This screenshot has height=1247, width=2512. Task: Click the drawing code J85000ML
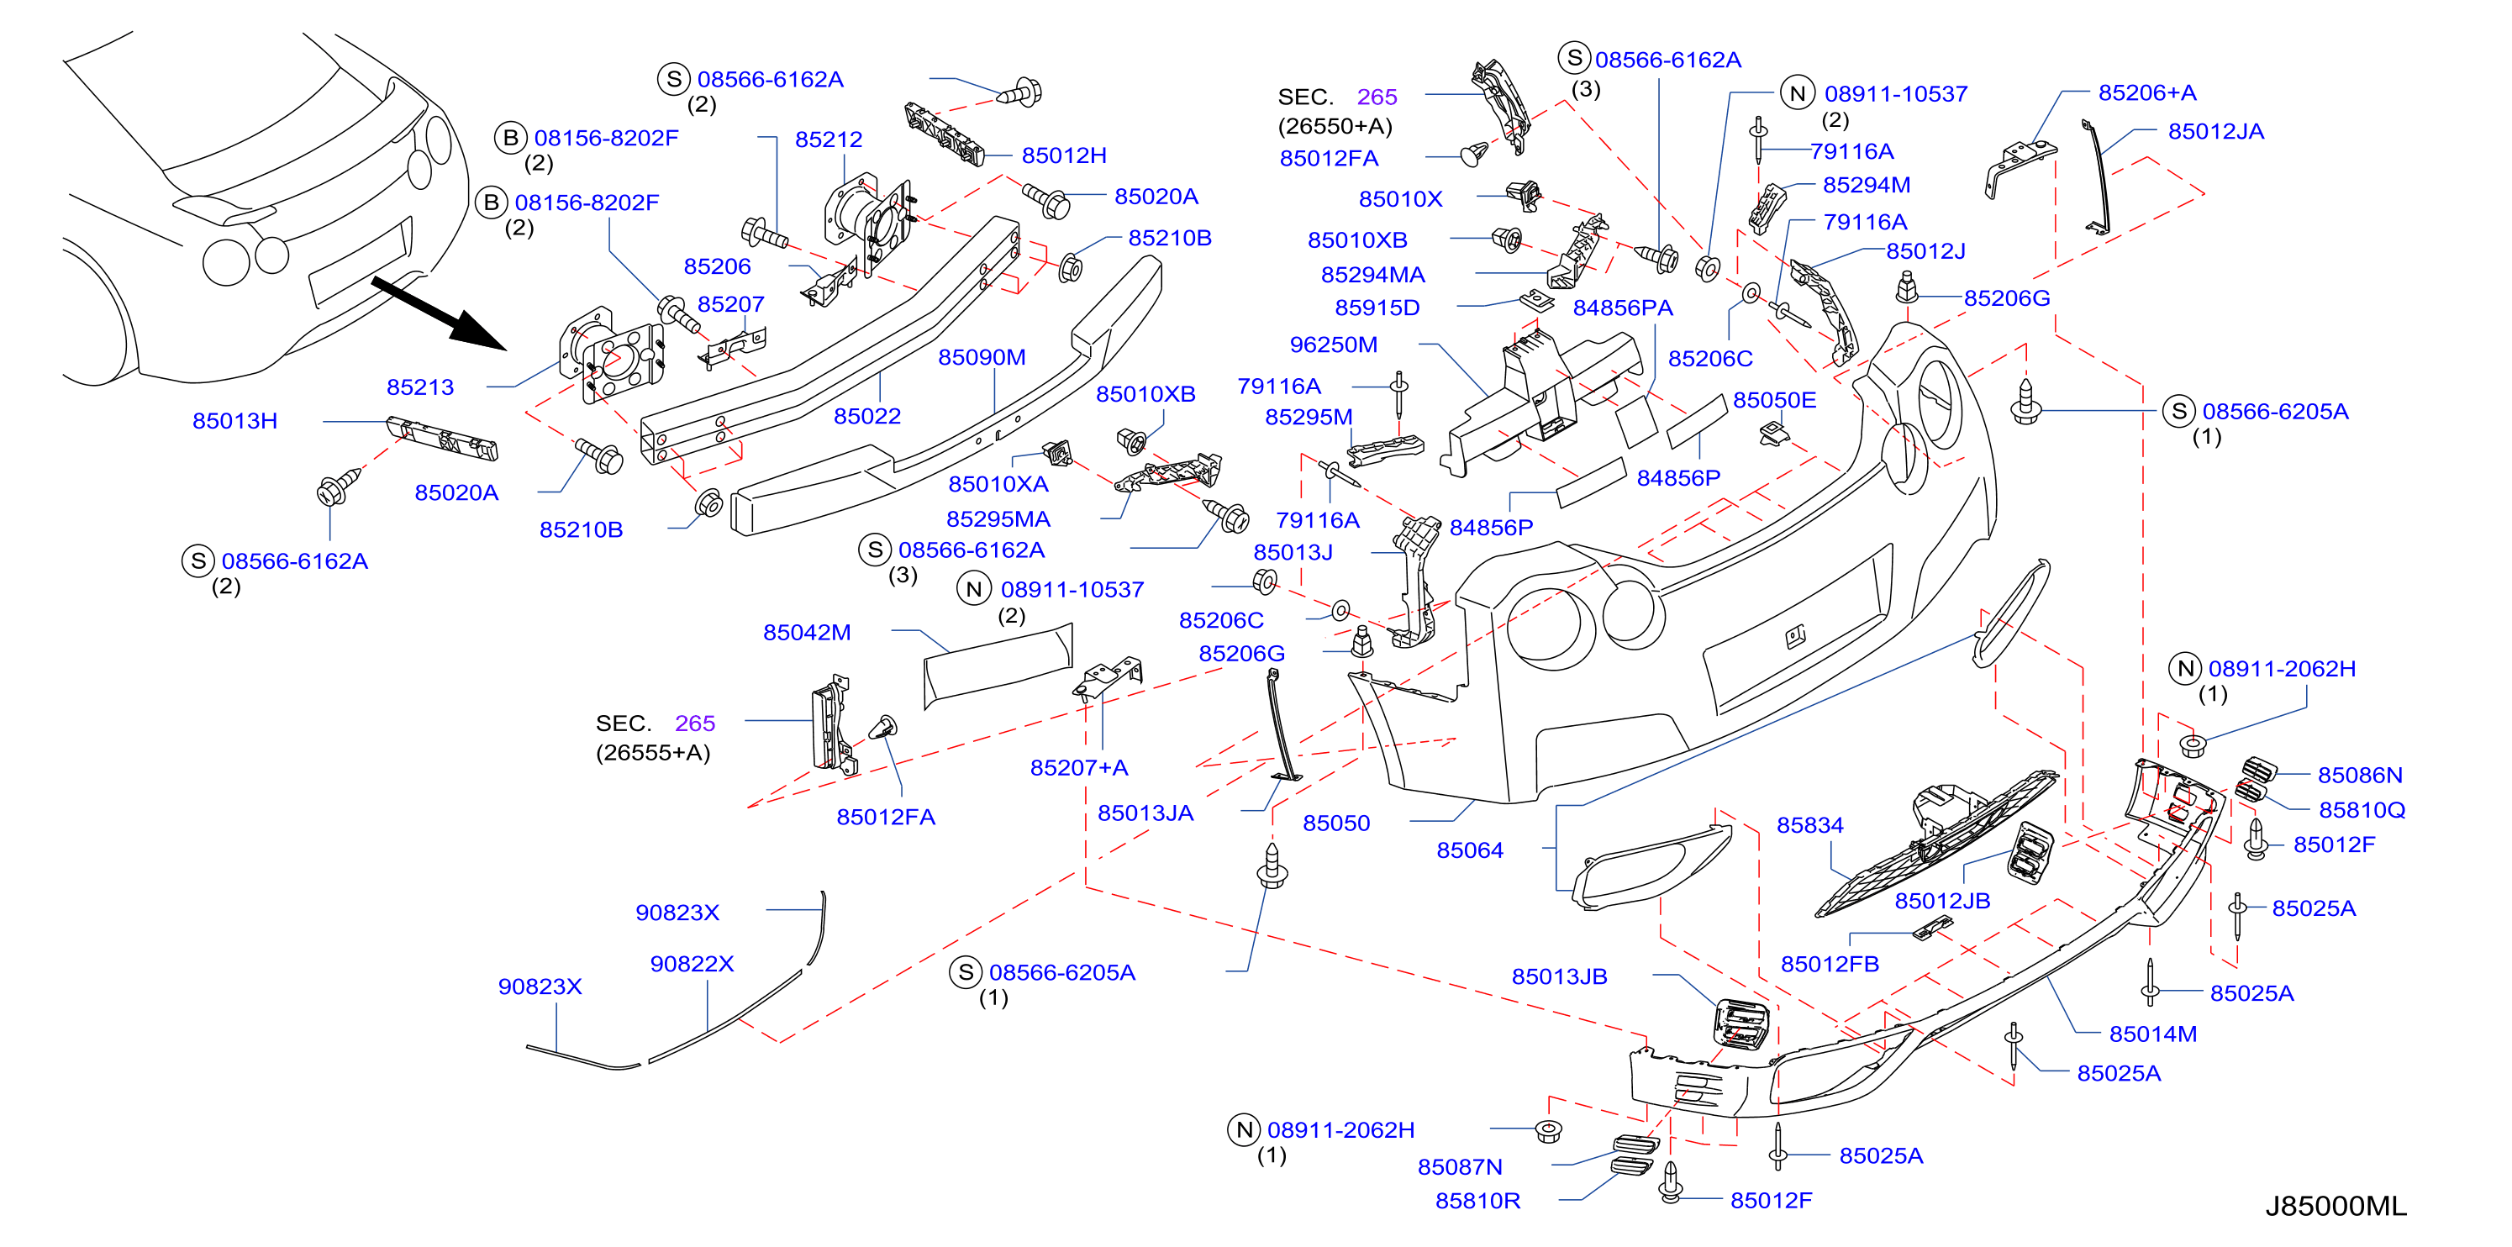[x=2335, y=1206]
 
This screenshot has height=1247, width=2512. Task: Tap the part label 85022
[x=867, y=416]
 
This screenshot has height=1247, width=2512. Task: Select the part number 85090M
[x=981, y=358]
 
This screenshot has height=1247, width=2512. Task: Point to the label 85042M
[x=807, y=633]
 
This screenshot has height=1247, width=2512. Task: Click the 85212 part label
[x=828, y=139]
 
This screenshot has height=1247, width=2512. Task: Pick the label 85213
[x=420, y=387]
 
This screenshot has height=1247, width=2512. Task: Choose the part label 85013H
[x=235, y=421]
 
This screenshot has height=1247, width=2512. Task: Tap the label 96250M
[x=1333, y=345]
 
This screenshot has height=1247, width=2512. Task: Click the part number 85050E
[x=1774, y=401]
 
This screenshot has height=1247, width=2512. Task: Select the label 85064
[x=1470, y=850]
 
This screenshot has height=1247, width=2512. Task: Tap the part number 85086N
[x=2360, y=775]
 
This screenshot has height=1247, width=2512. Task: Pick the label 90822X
[x=692, y=965]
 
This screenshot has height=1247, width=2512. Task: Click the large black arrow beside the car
[x=440, y=314]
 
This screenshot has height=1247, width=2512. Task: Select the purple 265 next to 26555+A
[x=694, y=723]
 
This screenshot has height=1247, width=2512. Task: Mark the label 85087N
[x=1459, y=1167]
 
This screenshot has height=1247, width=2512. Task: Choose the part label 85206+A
[x=2146, y=92]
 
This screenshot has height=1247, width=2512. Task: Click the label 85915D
[x=1376, y=308]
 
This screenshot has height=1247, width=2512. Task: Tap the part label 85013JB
[x=1558, y=977]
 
